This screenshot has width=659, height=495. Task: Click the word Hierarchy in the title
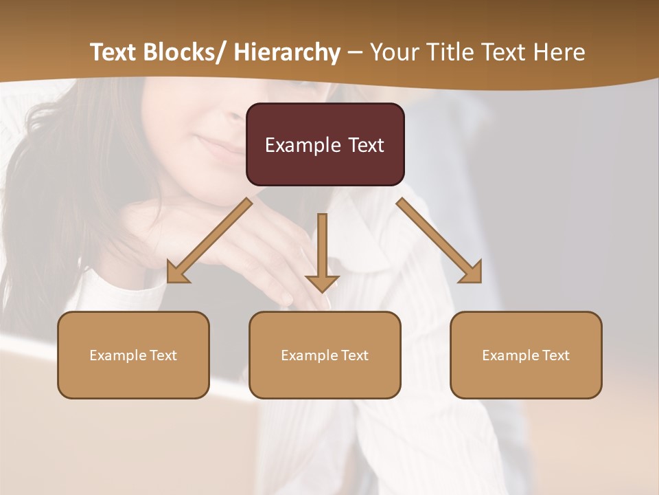286,52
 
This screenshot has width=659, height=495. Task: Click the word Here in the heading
559,52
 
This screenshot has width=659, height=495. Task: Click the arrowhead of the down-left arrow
176,274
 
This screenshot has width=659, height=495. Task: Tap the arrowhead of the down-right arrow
472,274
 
